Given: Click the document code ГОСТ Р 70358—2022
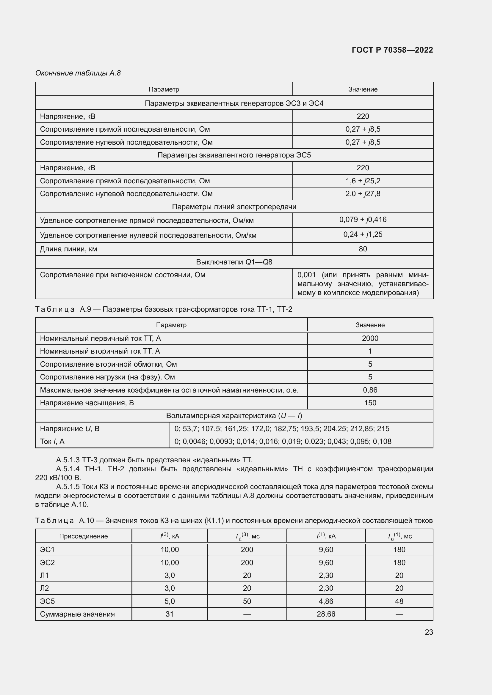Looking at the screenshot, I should coord(392,50).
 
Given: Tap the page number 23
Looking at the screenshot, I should coord(429,632).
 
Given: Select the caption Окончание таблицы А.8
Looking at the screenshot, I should coord(78,73).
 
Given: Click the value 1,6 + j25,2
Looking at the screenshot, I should coord(363,181).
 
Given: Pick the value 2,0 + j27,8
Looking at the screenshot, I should coord(363,194).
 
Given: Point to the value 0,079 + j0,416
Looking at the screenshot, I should coord(363,220).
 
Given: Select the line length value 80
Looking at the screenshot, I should coord(363,249).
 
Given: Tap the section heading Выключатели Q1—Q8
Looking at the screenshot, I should coord(234,262).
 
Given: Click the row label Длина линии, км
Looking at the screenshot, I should coord(68,249).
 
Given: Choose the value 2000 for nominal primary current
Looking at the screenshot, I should coord(370,338).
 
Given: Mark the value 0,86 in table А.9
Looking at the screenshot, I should coord(370,390).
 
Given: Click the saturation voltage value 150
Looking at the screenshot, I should coord(370,403).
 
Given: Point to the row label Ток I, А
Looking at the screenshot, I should coord(52,441).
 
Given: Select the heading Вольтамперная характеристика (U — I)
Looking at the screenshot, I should coord(234,416).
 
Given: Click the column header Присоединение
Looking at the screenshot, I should coord(83,536).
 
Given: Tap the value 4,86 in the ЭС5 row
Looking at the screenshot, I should coord(326,601).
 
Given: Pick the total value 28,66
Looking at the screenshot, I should coord(326,614).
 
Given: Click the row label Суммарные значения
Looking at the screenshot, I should coord(77,614).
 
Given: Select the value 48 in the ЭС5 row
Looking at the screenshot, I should coord(399,601).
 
